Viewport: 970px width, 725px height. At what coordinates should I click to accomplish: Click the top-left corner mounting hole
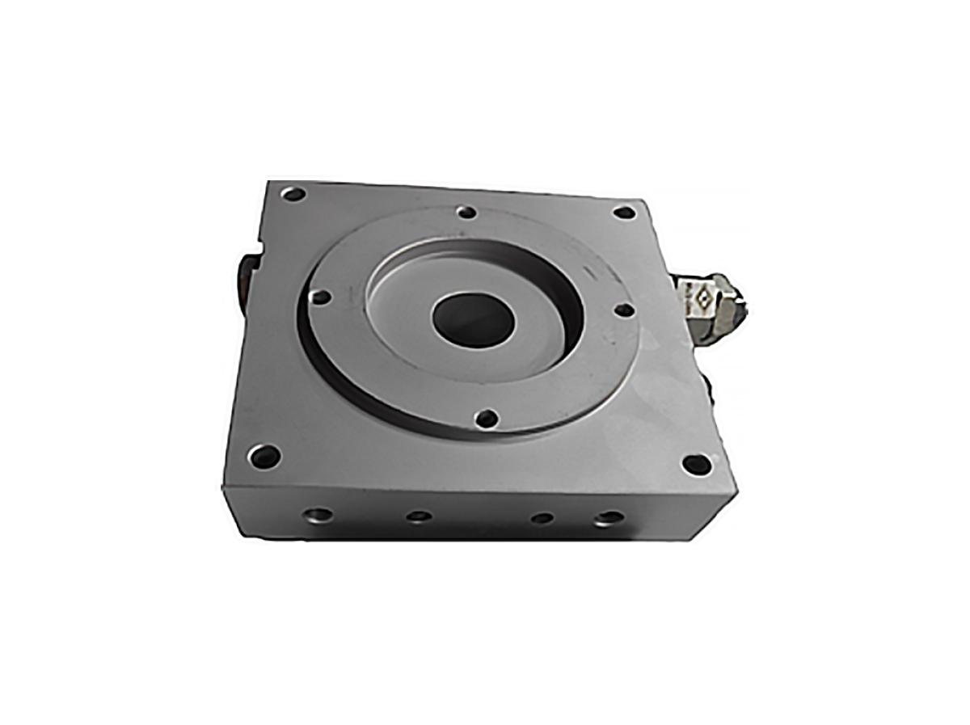[x=293, y=194]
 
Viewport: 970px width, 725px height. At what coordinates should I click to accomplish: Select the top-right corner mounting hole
[x=624, y=213]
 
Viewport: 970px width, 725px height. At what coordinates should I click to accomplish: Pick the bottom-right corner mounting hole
[x=696, y=465]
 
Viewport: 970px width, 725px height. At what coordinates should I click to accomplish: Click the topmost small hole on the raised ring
[x=466, y=213]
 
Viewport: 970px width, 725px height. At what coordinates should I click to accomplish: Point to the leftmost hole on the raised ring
[x=321, y=297]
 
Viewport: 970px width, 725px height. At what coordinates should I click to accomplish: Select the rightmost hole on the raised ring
[x=623, y=310]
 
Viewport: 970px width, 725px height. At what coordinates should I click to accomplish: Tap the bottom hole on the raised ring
[x=487, y=419]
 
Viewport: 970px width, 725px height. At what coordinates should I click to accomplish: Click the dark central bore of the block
[x=474, y=320]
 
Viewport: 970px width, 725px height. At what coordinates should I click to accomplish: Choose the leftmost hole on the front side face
[x=318, y=514]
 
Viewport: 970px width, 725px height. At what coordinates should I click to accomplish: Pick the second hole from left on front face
[x=418, y=516]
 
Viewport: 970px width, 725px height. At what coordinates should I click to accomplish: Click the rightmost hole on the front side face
[x=609, y=518]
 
